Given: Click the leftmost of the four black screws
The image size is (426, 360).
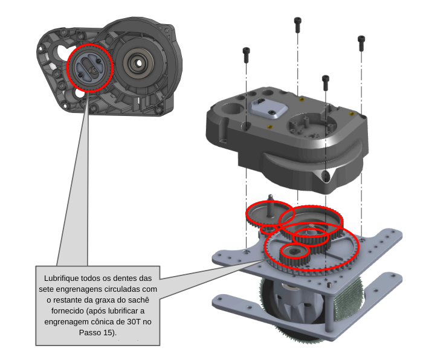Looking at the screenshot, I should click(x=246, y=55).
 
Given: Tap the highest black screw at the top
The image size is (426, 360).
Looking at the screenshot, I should click(x=297, y=24).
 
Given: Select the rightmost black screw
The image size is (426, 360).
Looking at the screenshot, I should click(x=361, y=42).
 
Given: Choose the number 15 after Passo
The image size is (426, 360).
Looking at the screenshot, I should click(x=108, y=332).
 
